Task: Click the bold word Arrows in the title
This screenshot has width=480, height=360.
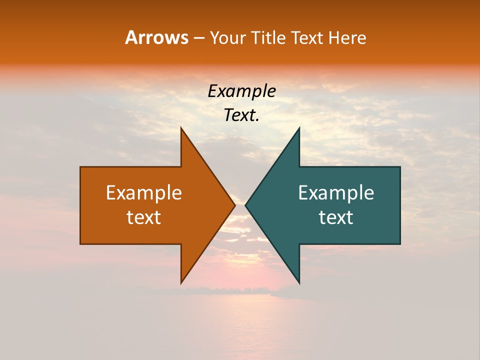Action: (156, 37)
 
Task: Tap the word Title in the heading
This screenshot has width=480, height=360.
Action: (268, 37)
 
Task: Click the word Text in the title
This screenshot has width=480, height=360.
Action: (308, 37)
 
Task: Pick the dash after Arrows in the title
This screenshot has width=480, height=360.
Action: (198, 38)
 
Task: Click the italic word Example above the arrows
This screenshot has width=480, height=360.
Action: (241, 91)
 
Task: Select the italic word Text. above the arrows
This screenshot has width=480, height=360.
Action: (241, 115)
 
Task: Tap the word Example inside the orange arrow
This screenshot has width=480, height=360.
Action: (144, 192)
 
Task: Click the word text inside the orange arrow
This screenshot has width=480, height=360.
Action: (144, 217)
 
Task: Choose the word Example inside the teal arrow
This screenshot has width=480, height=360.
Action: (336, 192)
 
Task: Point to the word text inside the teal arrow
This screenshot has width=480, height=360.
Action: (336, 217)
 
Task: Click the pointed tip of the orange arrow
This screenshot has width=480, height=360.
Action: (234, 205)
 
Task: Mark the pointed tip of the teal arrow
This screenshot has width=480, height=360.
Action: (245, 205)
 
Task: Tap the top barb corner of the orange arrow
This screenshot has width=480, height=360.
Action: (181, 128)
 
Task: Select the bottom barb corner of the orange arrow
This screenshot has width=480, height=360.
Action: (181, 282)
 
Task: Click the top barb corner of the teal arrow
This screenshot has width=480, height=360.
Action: (299, 128)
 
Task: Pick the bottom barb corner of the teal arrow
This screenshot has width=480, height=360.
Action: (299, 282)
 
